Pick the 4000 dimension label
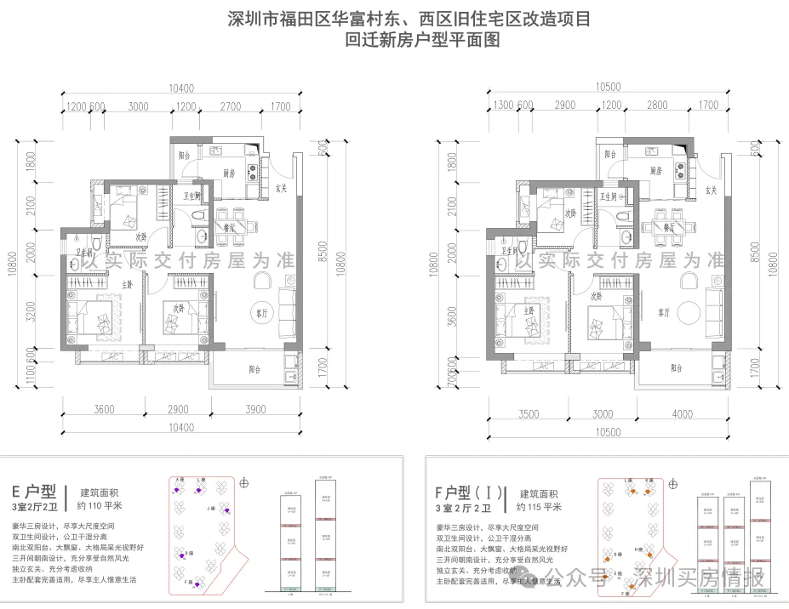tap(682, 414)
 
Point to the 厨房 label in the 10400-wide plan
tap(230, 173)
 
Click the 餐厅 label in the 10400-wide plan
tap(229, 228)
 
